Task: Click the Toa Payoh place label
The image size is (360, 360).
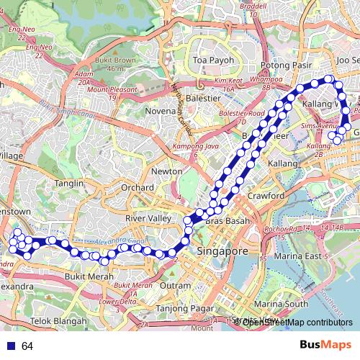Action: (x=210, y=60)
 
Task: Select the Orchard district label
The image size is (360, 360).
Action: (x=138, y=187)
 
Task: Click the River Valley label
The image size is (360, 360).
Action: (x=146, y=218)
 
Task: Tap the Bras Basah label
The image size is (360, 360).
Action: (x=227, y=220)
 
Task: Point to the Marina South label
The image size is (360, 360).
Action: (x=285, y=304)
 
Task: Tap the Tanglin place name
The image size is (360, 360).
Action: (x=70, y=183)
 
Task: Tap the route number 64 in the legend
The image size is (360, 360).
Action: (x=27, y=346)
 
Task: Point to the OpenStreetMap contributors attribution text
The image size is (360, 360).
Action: (x=297, y=322)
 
